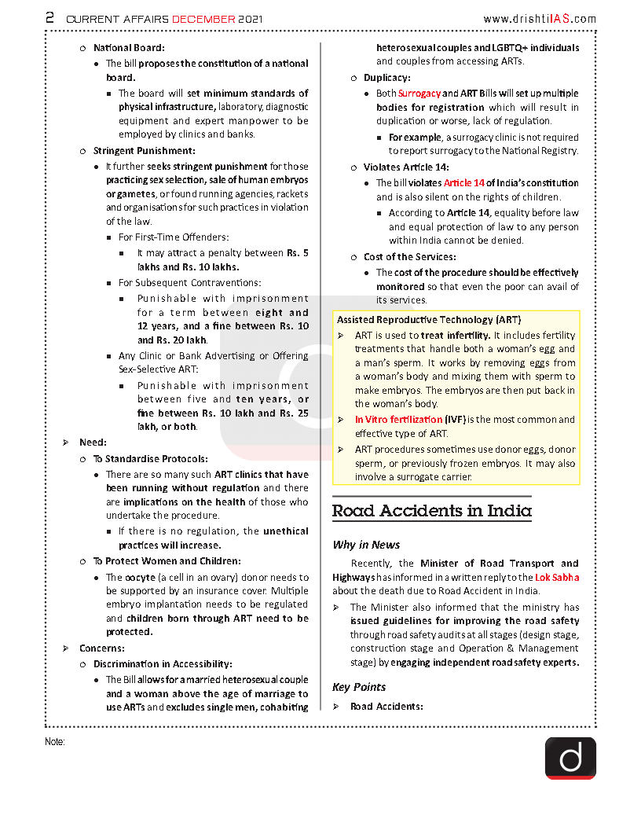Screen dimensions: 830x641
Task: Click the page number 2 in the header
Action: pos(49,17)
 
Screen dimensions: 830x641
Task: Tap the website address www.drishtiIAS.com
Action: pos(540,19)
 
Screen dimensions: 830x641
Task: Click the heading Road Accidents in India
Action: pos(431,511)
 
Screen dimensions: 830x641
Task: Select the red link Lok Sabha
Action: pos(557,577)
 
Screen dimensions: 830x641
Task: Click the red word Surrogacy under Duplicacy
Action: pos(419,94)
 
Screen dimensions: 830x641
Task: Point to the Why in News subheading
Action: pos(366,545)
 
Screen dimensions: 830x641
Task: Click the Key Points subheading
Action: pos(359,687)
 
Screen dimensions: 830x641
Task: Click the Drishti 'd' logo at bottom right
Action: pos(570,758)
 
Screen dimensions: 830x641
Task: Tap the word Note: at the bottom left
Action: pos(55,741)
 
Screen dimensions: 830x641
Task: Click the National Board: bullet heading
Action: pos(129,48)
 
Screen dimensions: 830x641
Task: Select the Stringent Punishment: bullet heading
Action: pos(145,151)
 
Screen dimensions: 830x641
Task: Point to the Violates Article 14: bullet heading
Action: pos(406,167)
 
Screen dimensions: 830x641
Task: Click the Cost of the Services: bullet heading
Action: pos(409,257)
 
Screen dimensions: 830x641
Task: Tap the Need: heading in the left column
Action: pos(93,443)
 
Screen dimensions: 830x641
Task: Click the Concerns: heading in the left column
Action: pos(101,648)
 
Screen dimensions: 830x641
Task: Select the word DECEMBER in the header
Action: pos(203,18)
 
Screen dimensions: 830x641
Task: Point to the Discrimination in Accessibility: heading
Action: pos(163,664)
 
